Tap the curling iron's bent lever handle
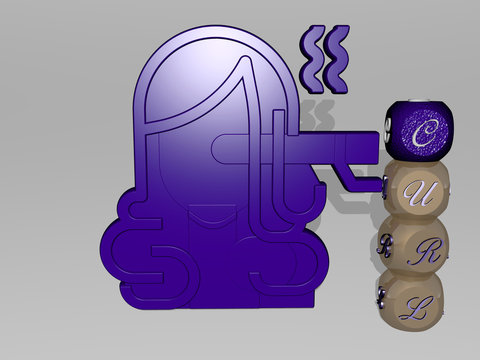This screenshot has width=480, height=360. pos(350,180)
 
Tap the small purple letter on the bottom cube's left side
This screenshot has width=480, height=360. pos(381,297)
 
